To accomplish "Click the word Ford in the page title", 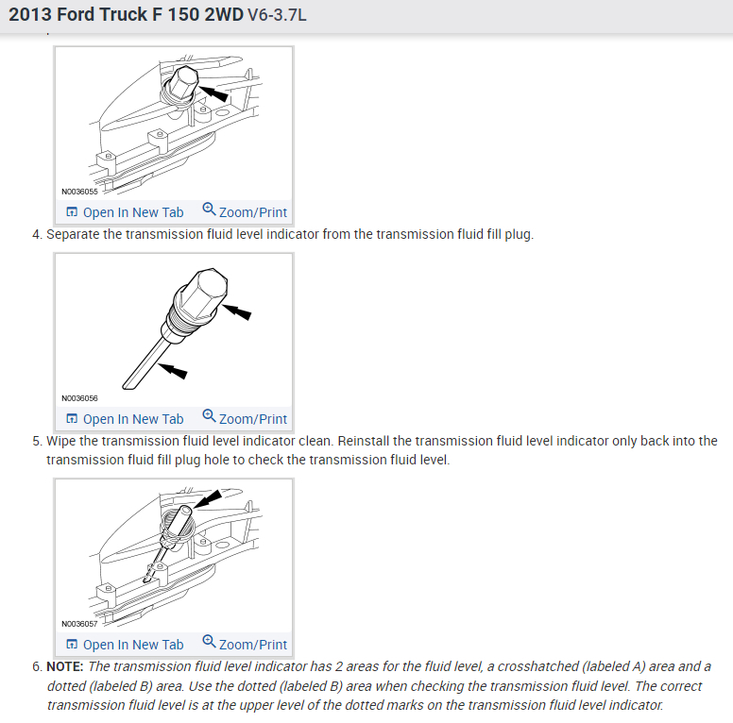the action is (x=76, y=14).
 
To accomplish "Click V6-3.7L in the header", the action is (x=277, y=15).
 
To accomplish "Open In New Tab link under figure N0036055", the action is (x=125, y=212).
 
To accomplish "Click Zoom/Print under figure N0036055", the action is (x=245, y=211).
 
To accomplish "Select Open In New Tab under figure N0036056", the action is (x=125, y=419).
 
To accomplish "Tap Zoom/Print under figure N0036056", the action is (x=245, y=418).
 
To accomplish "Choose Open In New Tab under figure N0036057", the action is (x=125, y=645).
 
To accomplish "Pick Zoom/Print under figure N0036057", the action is (x=245, y=644).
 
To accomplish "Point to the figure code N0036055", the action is (x=79, y=192).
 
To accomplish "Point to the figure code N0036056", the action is (x=79, y=398).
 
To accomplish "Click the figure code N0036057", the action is (x=79, y=624).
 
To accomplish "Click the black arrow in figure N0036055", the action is (x=213, y=92).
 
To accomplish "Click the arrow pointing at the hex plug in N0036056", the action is (x=236, y=311).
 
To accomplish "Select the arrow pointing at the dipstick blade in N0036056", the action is (x=173, y=370).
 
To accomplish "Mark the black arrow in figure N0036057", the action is (x=208, y=498).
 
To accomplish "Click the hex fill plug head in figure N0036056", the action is (x=205, y=292).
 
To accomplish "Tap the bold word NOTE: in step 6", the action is (x=65, y=666).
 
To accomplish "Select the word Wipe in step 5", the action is (x=60, y=441).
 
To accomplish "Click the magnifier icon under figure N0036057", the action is (x=209, y=641).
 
